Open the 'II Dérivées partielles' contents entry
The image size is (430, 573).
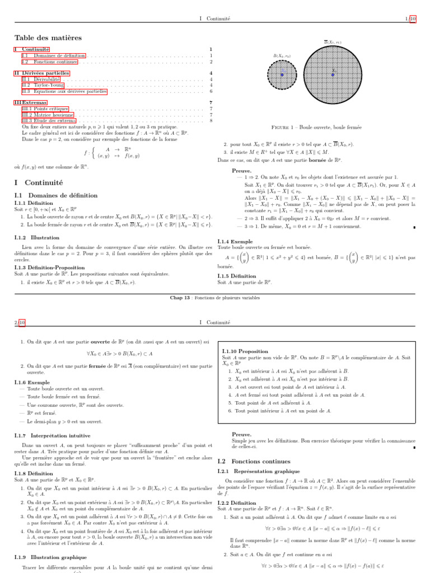point(41,73)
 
